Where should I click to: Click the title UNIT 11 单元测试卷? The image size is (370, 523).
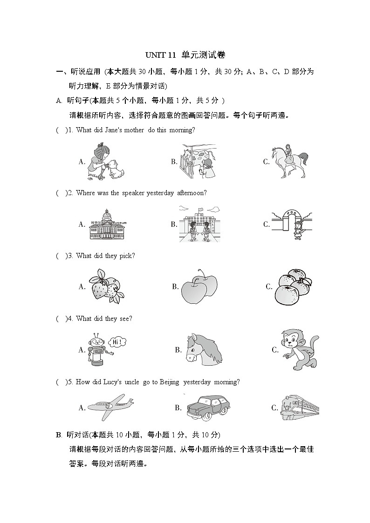[185, 55]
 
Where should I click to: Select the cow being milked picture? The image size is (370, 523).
[199, 161]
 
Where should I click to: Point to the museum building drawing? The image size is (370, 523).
[108, 224]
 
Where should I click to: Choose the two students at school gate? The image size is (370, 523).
[199, 225]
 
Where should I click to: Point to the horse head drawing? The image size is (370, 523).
[203, 349]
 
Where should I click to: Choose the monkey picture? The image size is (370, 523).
[298, 349]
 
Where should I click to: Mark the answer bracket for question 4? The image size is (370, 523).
[61, 319]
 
